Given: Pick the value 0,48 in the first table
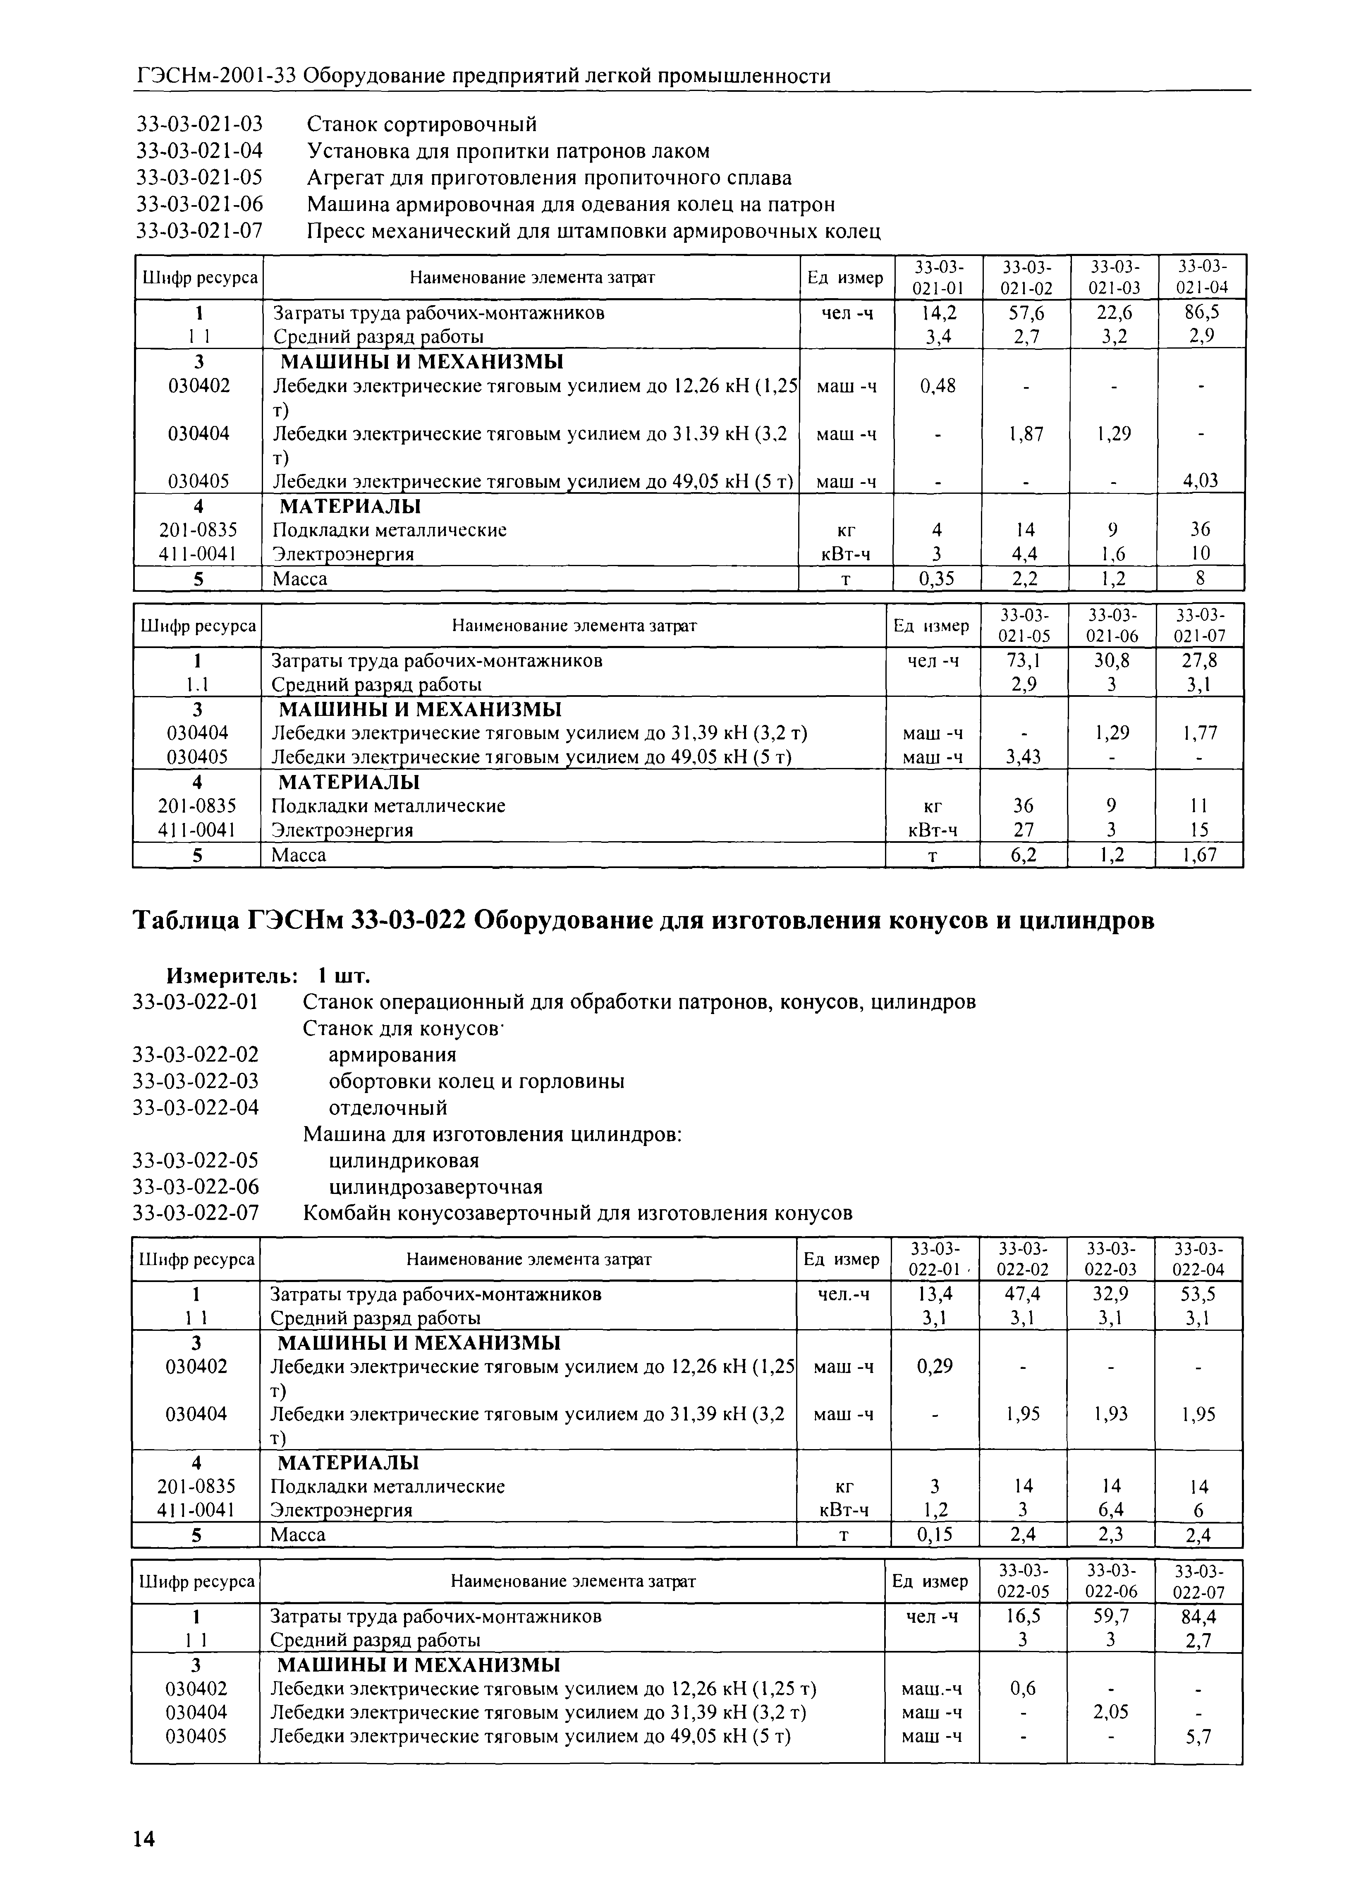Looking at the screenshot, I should (x=938, y=385).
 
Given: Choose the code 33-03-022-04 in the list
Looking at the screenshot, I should (x=196, y=1107).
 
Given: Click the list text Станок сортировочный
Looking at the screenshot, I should (x=422, y=124).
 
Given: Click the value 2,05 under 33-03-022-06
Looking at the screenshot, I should (x=1111, y=1712).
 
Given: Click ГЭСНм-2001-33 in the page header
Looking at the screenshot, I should (x=216, y=77).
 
